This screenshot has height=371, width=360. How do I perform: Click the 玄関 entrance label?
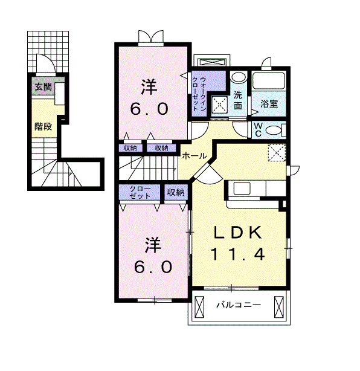click(x=42, y=87)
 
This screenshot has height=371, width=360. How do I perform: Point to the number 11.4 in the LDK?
click(x=237, y=254)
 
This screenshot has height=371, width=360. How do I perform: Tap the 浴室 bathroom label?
click(x=269, y=103)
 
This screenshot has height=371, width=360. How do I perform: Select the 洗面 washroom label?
click(x=239, y=99)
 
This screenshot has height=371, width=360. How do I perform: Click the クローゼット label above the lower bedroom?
click(x=140, y=193)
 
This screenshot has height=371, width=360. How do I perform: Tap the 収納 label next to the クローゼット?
click(x=175, y=193)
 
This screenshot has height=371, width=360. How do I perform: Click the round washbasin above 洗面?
click(x=239, y=78)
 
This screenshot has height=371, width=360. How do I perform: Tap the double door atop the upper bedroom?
click(x=149, y=37)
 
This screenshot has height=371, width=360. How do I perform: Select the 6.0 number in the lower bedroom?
click(x=153, y=266)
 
